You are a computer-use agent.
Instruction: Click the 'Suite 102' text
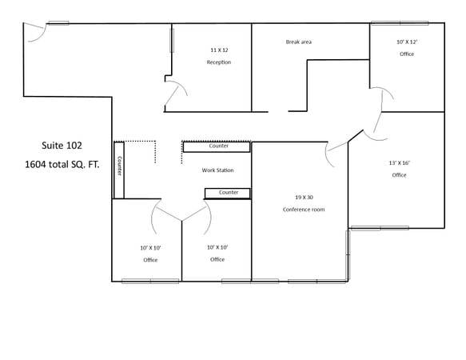pos(62,146)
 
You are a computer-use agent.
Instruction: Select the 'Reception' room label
pos(218,62)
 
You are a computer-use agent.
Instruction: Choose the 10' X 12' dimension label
pos(407,42)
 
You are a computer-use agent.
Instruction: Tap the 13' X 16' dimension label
pos(399,162)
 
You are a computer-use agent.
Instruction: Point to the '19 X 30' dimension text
pos(304,196)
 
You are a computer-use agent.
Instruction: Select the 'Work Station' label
pos(217,170)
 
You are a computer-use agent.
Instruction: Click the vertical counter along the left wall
pos(119,169)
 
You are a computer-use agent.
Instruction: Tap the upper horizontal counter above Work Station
pos(217,146)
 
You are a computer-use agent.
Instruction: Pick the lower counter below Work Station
pos(228,193)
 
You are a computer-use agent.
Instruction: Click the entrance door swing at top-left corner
pos(34,32)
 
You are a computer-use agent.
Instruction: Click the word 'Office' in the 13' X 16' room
pos(399,175)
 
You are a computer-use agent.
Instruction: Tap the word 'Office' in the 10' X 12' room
pos(407,54)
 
